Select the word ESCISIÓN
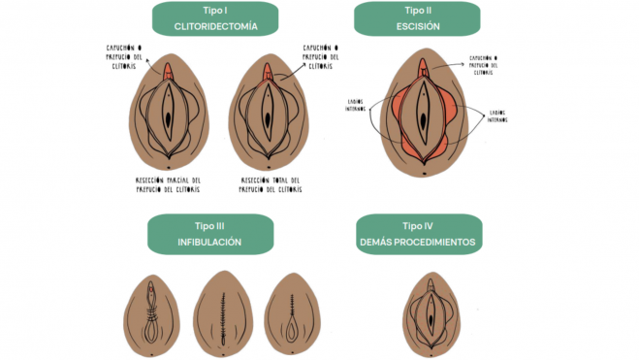tap(418, 27)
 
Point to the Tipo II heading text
tap(418, 10)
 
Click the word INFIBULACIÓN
tap(208, 241)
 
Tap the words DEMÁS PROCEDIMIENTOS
tap(418, 241)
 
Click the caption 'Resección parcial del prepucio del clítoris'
tap(169, 184)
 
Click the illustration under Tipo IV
tap(429, 312)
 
